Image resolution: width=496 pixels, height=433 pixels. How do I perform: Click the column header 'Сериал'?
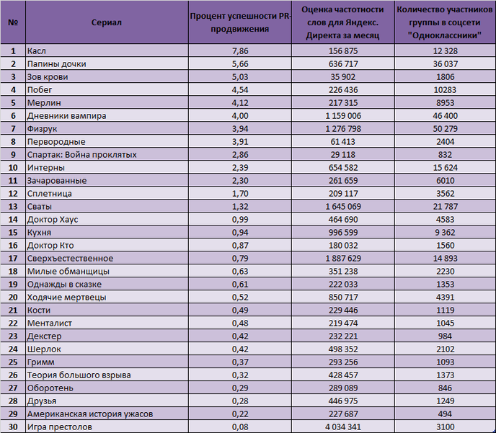[106, 22]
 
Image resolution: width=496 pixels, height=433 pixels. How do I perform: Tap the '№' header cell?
[13, 22]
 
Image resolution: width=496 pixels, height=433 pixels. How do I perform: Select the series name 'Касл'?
[36, 51]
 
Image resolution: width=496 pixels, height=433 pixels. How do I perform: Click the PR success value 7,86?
[240, 51]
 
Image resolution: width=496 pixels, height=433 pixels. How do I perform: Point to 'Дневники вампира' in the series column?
[67, 116]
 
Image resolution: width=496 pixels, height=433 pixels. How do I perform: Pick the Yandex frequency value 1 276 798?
[343, 129]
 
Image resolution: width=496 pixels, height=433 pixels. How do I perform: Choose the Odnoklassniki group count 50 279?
[446, 129]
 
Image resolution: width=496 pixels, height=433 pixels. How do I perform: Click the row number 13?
[13, 206]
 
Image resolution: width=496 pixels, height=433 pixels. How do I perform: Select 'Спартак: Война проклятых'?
[82, 155]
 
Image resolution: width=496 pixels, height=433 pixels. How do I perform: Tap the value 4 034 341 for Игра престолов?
[343, 427]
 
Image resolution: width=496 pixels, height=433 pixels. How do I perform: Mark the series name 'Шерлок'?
[44, 349]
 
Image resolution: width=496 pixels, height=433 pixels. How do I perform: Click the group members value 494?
[446, 414]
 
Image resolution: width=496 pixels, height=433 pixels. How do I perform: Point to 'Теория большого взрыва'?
[79, 375]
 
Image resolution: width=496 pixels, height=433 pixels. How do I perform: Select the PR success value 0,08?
[240, 427]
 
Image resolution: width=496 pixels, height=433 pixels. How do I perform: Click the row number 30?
[13, 427]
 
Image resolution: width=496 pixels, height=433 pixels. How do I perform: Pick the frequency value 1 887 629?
[343, 258]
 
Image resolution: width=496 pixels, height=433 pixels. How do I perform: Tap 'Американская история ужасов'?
[90, 414]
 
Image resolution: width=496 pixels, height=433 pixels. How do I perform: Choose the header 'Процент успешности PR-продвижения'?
[240, 22]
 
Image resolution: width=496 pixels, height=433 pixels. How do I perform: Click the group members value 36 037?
[446, 64]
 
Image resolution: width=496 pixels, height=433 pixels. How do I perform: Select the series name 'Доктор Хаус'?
[53, 219]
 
